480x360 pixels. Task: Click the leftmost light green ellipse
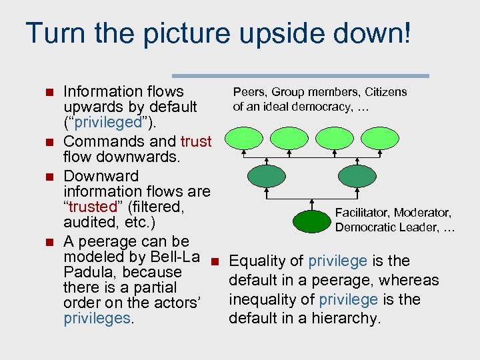[x=243, y=138]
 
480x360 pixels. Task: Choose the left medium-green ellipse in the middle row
[x=266, y=176]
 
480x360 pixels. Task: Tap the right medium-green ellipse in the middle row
[x=357, y=176]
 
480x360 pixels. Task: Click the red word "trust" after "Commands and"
[x=195, y=141]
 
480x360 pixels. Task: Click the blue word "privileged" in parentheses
[x=103, y=123]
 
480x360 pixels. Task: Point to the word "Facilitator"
[x=362, y=213]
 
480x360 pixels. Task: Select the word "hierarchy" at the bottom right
[x=348, y=319]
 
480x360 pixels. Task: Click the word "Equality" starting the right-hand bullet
[x=259, y=261]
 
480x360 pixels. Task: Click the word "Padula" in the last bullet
[x=89, y=272]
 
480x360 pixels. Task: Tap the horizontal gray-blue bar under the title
[x=301, y=76]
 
